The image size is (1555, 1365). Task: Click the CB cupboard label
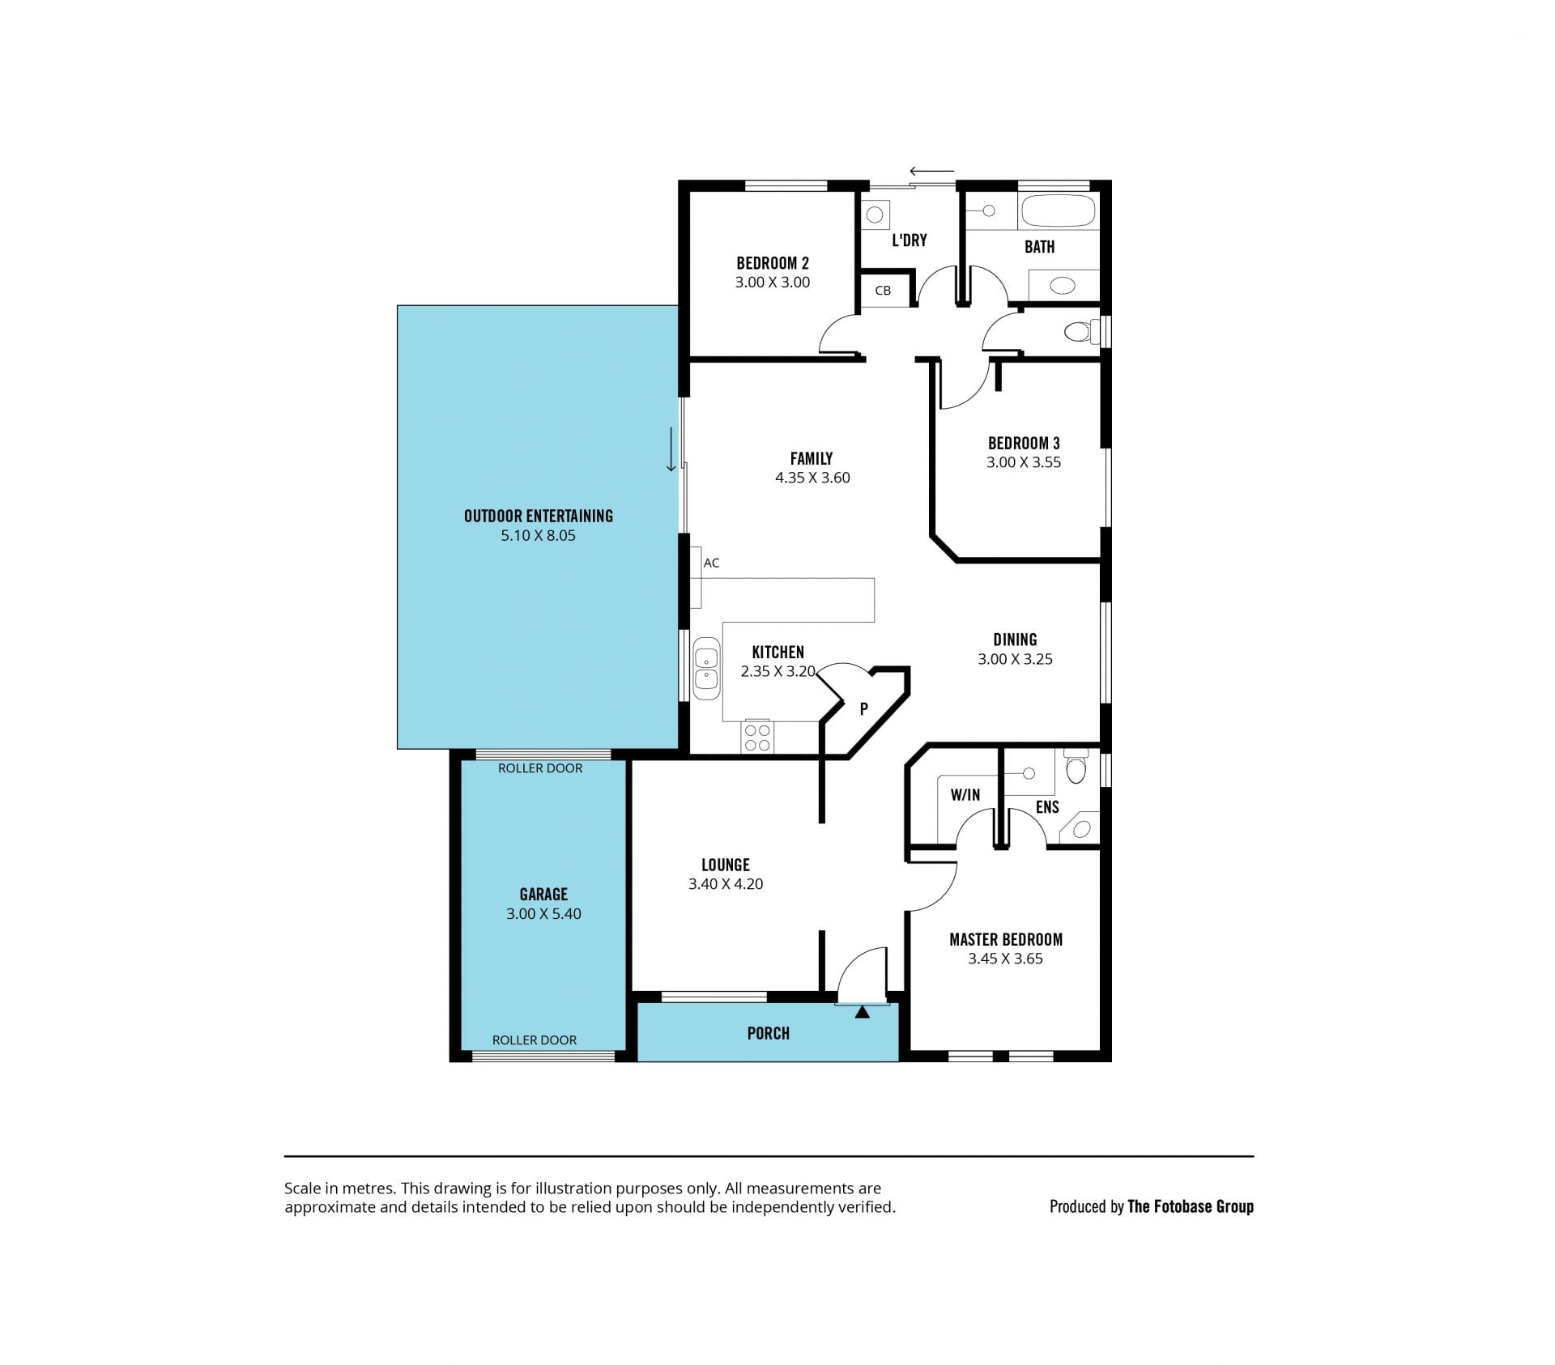pyautogui.click(x=883, y=291)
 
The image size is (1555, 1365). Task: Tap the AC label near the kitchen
pyautogui.click(x=711, y=563)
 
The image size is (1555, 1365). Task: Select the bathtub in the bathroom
pyautogui.click(x=1059, y=210)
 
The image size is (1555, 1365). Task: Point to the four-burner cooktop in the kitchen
pyautogui.click(x=757, y=736)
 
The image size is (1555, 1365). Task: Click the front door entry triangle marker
pyautogui.click(x=862, y=1011)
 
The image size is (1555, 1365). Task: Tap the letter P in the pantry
pyautogui.click(x=863, y=709)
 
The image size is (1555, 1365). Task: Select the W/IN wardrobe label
pyautogui.click(x=965, y=795)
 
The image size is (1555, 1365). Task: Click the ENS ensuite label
pyautogui.click(x=1047, y=807)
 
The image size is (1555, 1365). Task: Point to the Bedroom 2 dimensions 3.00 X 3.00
pyautogui.click(x=773, y=283)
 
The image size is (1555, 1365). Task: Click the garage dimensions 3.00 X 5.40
pyautogui.click(x=543, y=914)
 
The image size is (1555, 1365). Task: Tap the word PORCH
pyautogui.click(x=768, y=1033)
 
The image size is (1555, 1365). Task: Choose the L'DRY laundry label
pyautogui.click(x=909, y=240)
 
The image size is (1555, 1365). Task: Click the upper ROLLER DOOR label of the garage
pyautogui.click(x=540, y=768)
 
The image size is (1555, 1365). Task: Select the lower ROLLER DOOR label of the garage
pyautogui.click(x=535, y=1040)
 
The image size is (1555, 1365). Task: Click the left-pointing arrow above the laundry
pyautogui.click(x=932, y=171)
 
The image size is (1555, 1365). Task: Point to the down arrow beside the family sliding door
pyautogui.click(x=671, y=449)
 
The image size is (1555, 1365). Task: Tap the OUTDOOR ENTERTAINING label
pyautogui.click(x=539, y=516)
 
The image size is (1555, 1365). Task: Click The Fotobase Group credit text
pyautogui.click(x=1191, y=1206)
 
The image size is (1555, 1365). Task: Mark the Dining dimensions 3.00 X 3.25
pyautogui.click(x=1015, y=659)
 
